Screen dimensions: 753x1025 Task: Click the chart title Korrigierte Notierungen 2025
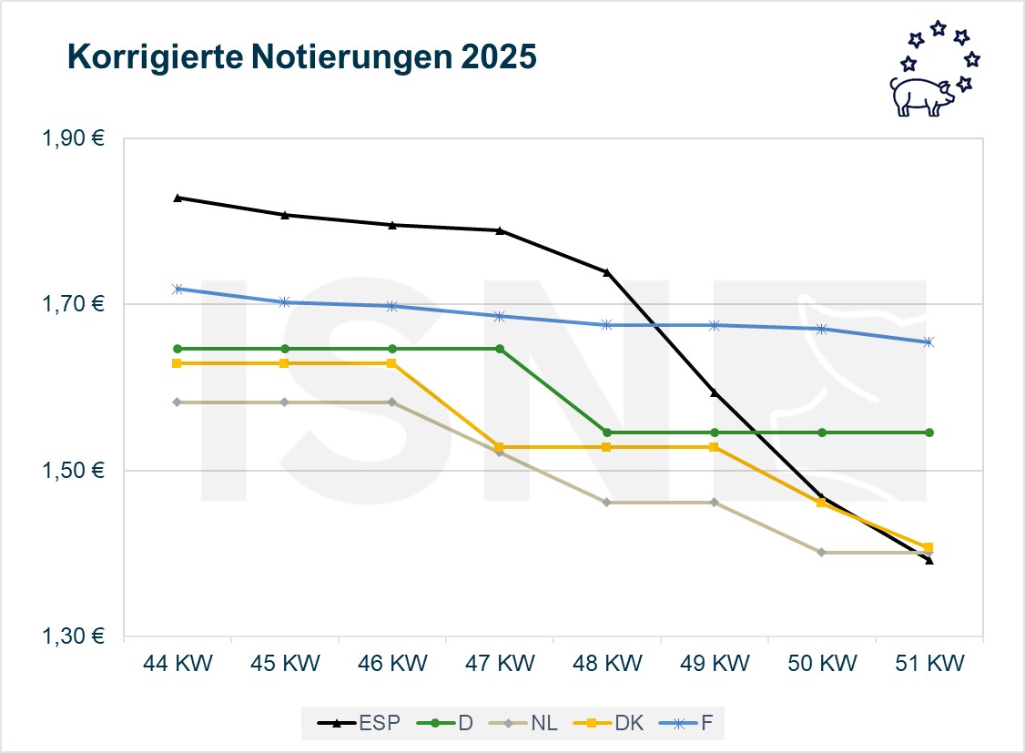pos(301,57)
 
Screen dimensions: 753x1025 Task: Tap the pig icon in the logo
pos(919,96)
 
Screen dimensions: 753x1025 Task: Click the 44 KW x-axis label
pos(178,663)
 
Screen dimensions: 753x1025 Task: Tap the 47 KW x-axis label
pos(499,663)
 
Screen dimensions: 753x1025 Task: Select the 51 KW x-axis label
pos(929,663)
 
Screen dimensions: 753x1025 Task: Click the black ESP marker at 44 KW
pos(178,198)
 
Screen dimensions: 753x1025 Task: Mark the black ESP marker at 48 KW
pos(606,272)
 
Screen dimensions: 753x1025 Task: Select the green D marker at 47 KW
pos(499,349)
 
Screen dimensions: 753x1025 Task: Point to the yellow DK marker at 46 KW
pos(391,363)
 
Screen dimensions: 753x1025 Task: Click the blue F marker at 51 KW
pos(929,342)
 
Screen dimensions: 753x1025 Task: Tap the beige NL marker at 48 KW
pos(606,503)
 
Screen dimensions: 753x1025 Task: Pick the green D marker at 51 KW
pos(929,432)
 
